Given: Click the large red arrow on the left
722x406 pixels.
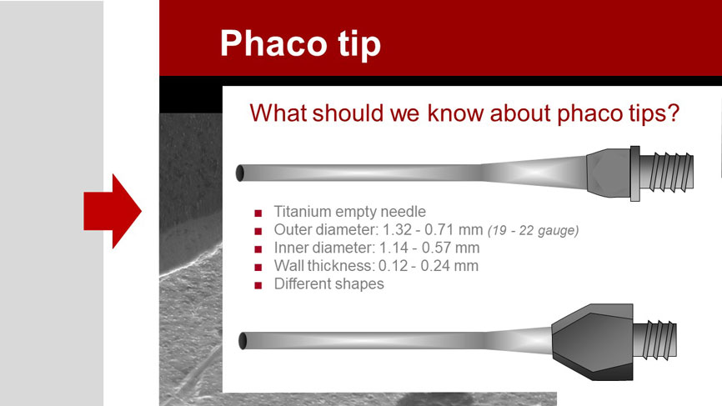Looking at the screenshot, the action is pos(113,211).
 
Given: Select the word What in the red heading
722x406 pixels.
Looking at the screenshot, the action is pos(278,113).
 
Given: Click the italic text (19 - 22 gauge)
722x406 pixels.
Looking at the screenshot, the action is pos(534,230).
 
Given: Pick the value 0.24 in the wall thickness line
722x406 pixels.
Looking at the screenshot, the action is pos(437,266).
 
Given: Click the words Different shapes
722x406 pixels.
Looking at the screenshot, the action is pos(328,283).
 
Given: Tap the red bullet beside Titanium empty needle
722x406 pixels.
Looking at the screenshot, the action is pos(258,213).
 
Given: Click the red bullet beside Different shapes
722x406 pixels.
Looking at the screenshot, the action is pos(258,285).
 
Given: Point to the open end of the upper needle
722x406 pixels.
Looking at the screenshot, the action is pos(239,173).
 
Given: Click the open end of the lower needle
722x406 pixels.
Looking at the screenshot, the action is pos(243,341).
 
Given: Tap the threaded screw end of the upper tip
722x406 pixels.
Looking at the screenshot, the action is pos(667,173).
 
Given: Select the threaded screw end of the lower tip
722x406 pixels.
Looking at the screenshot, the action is pos(655,341).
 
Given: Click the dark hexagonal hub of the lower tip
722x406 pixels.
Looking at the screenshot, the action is pos(592,342).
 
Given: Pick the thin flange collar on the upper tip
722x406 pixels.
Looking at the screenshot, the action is pos(635,173).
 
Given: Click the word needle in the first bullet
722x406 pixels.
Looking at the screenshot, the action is pos(404,211).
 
